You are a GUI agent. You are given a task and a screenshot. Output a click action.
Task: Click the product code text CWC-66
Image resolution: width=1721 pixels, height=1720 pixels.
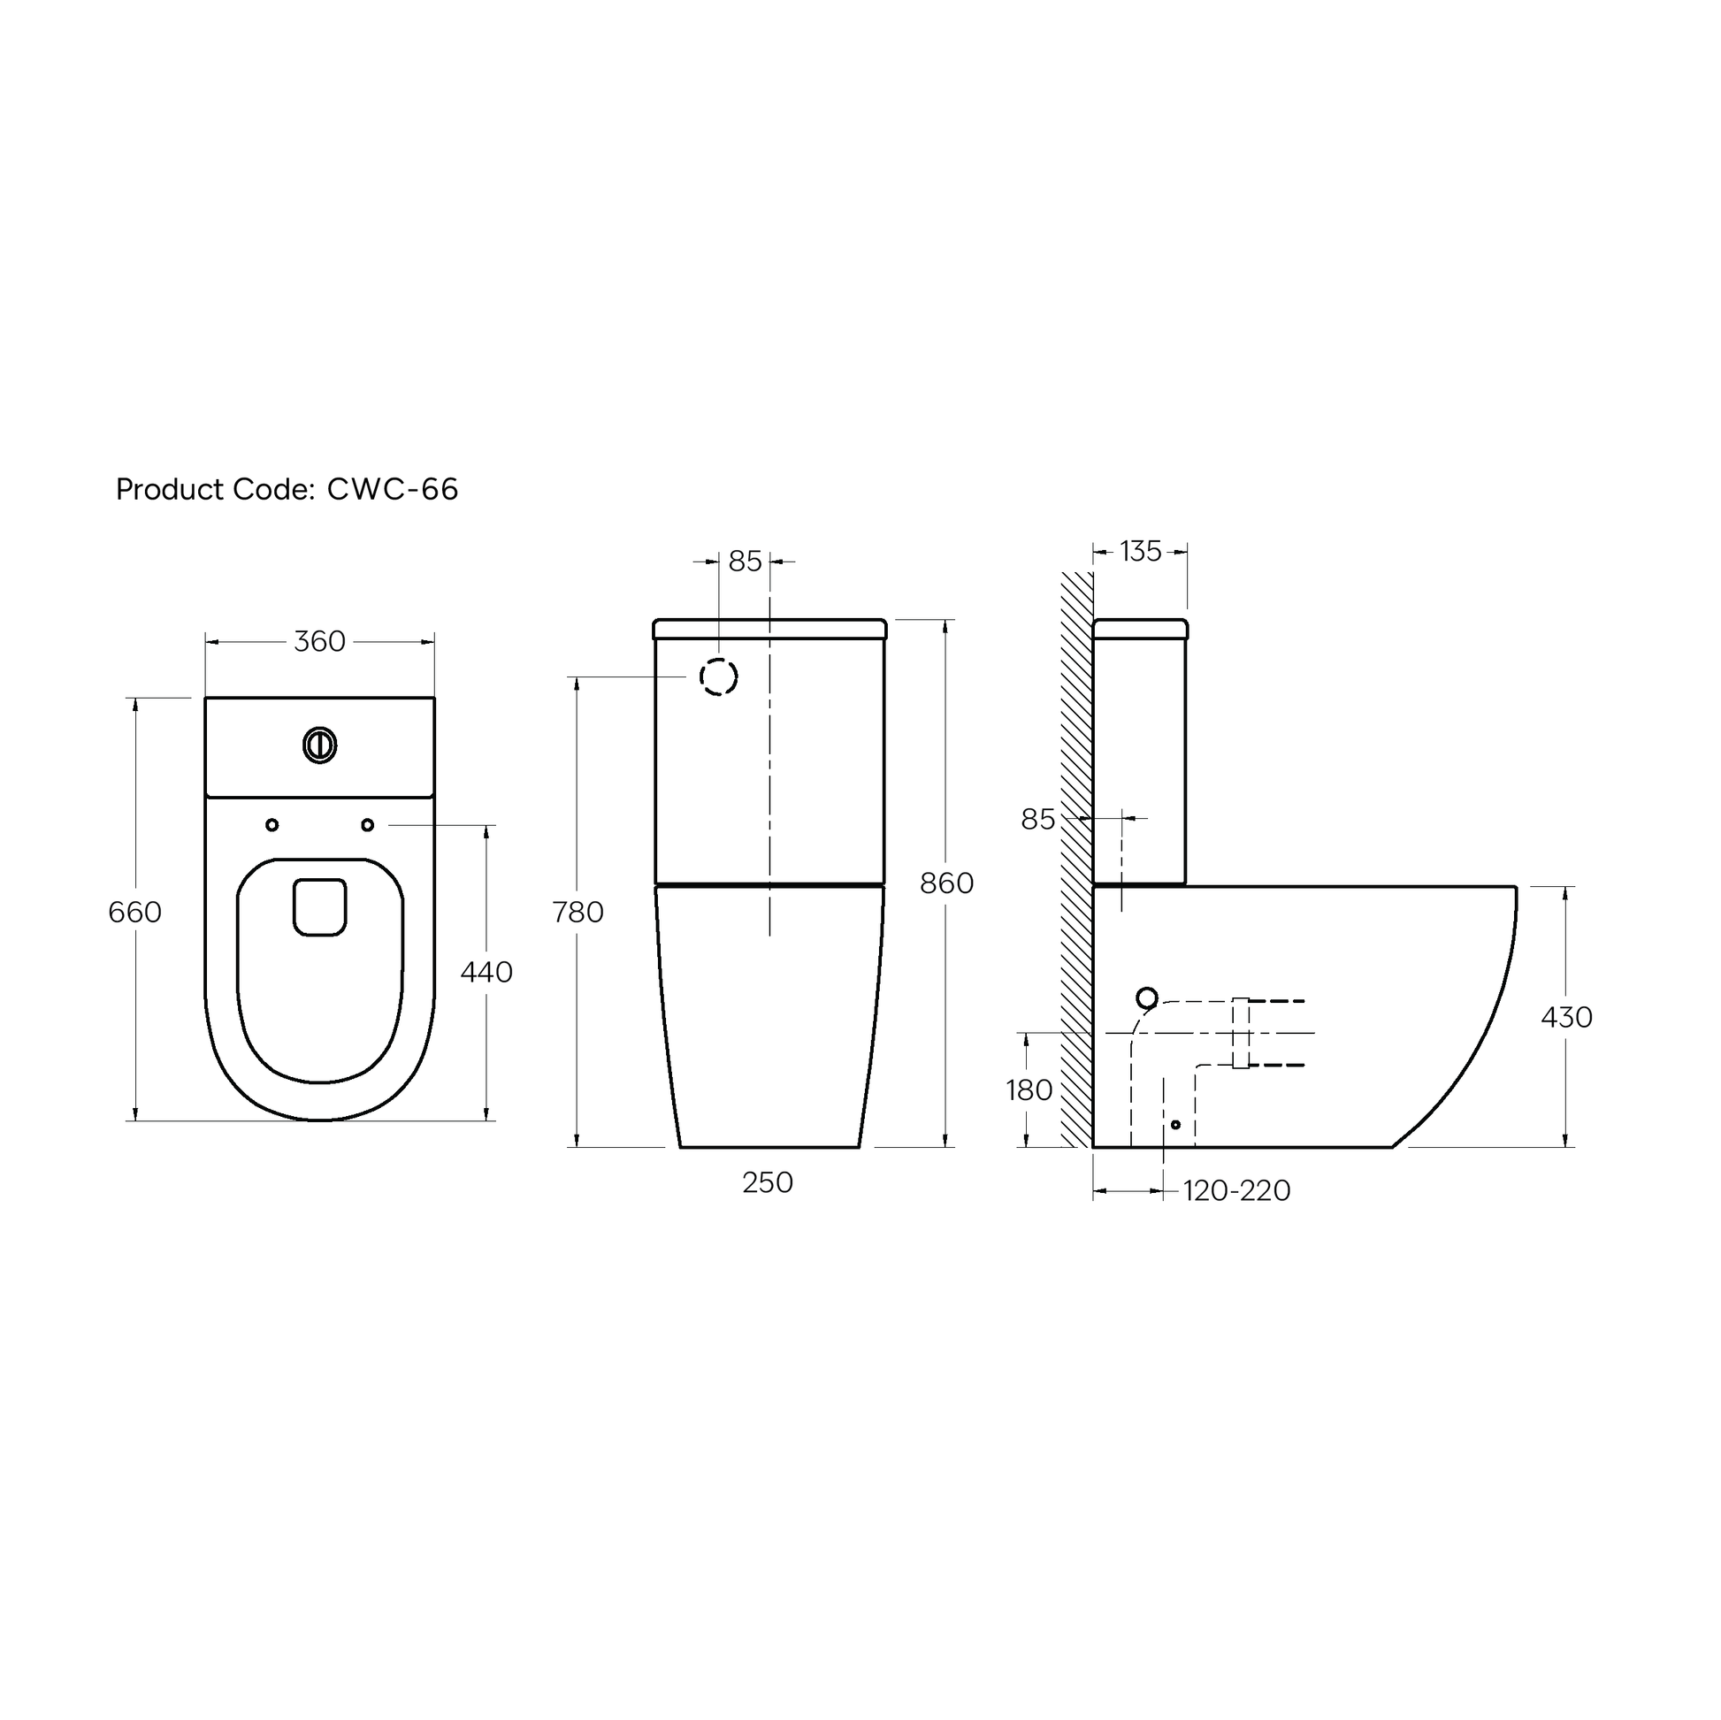392,489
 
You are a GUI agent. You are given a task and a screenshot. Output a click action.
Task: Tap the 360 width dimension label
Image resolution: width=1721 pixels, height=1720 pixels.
319,641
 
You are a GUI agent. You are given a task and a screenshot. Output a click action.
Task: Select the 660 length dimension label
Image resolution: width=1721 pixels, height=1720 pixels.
134,912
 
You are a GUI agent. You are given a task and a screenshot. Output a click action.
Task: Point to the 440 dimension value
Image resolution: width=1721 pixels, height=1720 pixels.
486,972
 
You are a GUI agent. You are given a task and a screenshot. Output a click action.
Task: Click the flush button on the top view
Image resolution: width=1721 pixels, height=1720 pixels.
320,745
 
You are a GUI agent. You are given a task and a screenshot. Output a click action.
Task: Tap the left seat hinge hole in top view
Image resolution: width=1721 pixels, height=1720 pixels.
272,825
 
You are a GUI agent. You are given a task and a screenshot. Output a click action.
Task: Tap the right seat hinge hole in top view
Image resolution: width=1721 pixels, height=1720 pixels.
367,825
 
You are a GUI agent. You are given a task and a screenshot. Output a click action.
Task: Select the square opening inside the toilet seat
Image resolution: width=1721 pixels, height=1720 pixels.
320,906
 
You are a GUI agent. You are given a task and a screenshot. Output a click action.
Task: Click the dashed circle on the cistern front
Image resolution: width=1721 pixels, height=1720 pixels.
718,677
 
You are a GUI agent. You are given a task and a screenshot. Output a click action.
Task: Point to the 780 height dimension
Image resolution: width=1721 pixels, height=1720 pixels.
577,912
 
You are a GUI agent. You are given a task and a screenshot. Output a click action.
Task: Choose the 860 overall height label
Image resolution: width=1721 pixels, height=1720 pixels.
946,883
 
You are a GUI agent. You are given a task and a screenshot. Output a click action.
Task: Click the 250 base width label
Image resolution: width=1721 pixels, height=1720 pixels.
767,1183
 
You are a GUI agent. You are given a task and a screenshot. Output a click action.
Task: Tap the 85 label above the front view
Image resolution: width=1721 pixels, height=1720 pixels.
745,562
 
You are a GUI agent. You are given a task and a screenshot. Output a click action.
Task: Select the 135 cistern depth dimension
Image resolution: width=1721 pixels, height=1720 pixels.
1140,551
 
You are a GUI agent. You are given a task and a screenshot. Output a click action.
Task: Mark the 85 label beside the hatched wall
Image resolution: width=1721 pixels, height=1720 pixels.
1036,819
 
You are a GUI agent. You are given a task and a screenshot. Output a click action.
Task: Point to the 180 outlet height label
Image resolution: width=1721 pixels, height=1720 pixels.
1029,1090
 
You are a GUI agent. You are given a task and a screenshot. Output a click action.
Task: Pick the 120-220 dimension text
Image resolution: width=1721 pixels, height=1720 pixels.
1236,1191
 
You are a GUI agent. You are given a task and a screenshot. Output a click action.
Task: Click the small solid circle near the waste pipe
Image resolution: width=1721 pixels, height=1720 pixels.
1146,998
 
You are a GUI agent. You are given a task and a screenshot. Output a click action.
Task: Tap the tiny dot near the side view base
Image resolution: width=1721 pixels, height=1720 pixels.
1175,1125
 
